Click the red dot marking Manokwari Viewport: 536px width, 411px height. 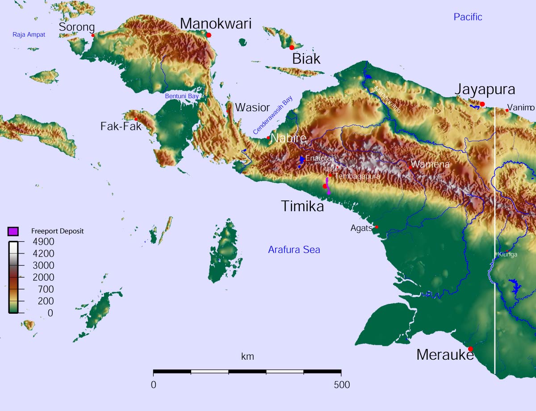[209, 35]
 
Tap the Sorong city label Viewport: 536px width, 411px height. [77, 27]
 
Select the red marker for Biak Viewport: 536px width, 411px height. [292, 47]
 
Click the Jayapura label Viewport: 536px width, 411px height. [485, 90]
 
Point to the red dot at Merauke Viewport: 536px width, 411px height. [470, 349]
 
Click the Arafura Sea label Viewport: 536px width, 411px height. [294, 250]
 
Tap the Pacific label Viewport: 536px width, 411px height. [468, 17]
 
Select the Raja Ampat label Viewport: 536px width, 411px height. [29, 34]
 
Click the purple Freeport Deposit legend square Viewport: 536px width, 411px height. [13, 231]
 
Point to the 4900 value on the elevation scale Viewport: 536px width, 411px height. [44, 242]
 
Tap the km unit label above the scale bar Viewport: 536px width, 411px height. [247, 357]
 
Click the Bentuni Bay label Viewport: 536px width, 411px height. [182, 96]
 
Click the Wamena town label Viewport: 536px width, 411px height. [430, 165]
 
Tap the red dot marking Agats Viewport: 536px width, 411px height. [376, 227]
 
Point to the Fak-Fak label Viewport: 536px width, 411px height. [121, 126]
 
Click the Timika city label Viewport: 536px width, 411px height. [302, 206]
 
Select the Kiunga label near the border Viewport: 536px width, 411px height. [507, 254]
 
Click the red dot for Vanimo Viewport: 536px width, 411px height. [507, 110]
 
